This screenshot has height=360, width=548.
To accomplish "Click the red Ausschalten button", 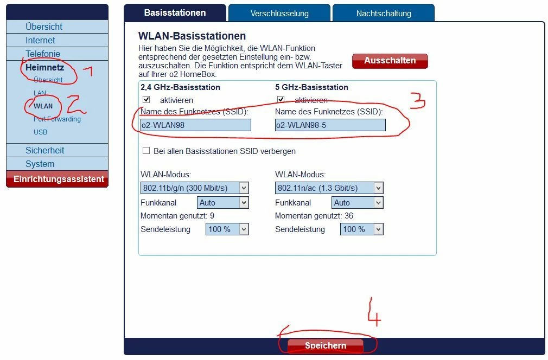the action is [390, 61].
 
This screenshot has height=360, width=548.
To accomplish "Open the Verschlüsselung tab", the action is [279, 13].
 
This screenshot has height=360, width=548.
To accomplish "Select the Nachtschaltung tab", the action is [384, 13].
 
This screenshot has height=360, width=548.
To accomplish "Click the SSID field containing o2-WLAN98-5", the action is [330, 125].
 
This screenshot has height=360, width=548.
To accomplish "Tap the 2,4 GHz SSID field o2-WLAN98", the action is [196, 125].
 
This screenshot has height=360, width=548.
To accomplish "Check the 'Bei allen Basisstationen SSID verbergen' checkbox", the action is [146, 151].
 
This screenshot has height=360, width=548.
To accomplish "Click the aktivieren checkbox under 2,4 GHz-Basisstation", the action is [146, 100].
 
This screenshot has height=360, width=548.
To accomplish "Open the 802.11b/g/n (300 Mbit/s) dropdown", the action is [194, 188].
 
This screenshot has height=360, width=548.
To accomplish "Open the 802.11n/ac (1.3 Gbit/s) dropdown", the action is [329, 188].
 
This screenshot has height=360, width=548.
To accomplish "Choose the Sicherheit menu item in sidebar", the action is [44, 150].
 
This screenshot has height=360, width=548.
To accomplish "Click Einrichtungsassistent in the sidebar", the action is [59, 179].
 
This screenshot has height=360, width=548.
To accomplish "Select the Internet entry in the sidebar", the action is [40, 40].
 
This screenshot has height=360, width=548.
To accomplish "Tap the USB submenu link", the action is [40, 132].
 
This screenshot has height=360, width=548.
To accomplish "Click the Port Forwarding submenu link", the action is [57, 119].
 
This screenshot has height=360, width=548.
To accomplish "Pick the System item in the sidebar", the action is [40, 164].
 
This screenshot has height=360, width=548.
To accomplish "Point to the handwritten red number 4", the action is [374, 312].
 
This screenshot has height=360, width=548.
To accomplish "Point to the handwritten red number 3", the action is [417, 100].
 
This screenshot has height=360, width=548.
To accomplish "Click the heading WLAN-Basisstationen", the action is [192, 36].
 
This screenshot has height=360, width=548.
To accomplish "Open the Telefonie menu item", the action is [43, 54].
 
